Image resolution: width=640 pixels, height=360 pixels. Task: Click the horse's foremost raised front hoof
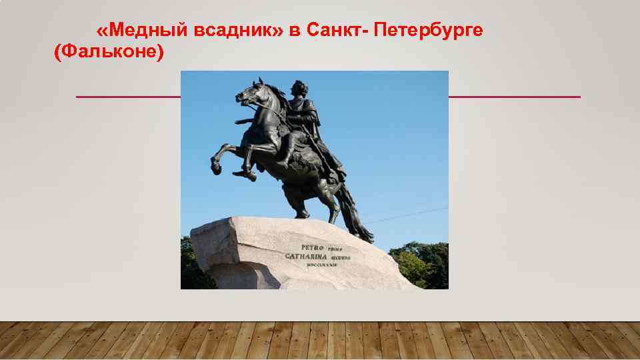pos(216,165)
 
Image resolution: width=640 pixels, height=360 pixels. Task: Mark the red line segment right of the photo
pos(514,97)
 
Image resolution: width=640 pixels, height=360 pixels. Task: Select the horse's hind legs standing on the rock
pos(313,200)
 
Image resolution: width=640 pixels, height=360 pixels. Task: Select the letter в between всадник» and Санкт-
pos(295,30)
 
